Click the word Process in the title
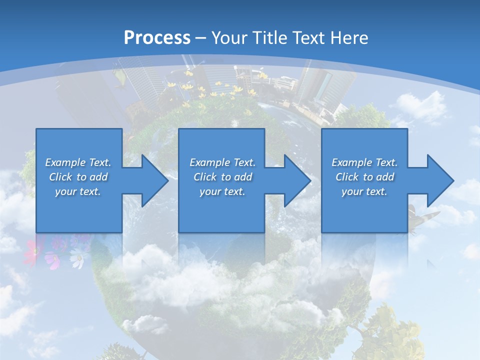pyautogui.click(x=157, y=37)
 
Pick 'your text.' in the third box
pyautogui.click(x=364, y=191)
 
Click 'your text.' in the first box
pyautogui.click(x=78, y=191)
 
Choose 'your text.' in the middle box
pyautogui.click(x=222, y=191)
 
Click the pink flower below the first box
pyautogui.click(x=31, y=249)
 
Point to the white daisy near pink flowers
pyautogui.click(x=77, y=258)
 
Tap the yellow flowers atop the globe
pyautogui.click(x=200, y=90)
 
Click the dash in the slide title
pyautogui.click(x=200, y=38)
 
